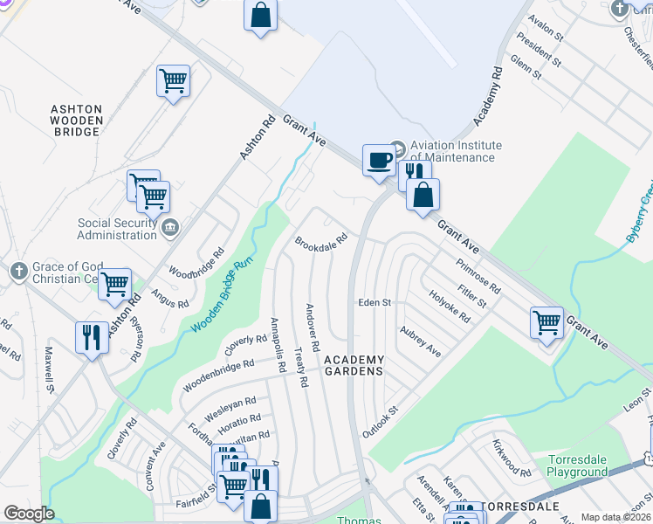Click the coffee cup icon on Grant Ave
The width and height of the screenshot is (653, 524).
378,161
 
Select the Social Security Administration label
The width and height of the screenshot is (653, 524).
116,229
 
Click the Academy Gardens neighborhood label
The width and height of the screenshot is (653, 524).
354,365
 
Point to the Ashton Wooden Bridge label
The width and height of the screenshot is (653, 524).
76,120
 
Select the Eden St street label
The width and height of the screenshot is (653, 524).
374,302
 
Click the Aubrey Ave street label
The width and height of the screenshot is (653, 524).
420,341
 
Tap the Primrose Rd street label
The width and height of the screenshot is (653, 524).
478,276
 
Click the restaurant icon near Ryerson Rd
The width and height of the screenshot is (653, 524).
92,337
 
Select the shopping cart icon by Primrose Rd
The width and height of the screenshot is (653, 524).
546,322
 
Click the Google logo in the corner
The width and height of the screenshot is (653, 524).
29,514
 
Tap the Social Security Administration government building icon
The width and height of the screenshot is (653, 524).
170,228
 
